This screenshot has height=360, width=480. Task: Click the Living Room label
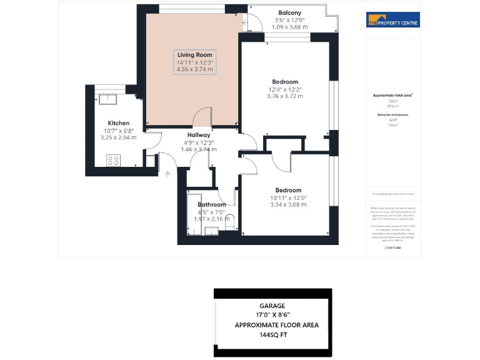point(195,55)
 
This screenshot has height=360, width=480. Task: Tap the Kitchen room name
point(118,123)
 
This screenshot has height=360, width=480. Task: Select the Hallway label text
point(199,135)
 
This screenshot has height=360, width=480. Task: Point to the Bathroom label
point(212,205)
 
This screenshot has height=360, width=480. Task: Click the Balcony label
point(289,12)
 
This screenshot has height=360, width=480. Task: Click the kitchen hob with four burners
point(114,160)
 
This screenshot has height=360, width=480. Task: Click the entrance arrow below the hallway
point(167,174)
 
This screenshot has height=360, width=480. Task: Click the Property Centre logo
point(392,20)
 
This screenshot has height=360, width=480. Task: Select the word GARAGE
point(272,306)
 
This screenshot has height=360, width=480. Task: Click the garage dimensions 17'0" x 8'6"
point(272,316)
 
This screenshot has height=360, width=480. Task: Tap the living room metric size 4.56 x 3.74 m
point(195,70)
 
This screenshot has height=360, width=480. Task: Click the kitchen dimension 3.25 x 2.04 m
point(118,137)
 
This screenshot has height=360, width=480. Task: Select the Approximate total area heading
point(392,95)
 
